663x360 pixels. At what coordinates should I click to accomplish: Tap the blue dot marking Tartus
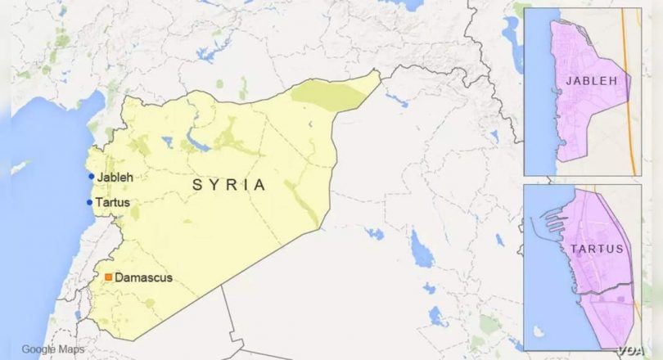click(x=89, y=202)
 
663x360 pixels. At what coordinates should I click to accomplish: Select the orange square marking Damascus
click(x=108, y=277)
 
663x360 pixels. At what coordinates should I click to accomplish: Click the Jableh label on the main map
click(x=115, y=177)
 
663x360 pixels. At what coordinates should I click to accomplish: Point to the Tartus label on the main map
click(x=113, y=202)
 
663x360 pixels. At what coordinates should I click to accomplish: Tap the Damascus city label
click(x=143, y=278)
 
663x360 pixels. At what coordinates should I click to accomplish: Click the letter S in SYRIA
click(x=196, y=186)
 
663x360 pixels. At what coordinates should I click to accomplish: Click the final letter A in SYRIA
click(x=260, y=186)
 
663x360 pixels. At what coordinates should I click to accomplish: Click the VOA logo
click(x=631, y=350)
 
